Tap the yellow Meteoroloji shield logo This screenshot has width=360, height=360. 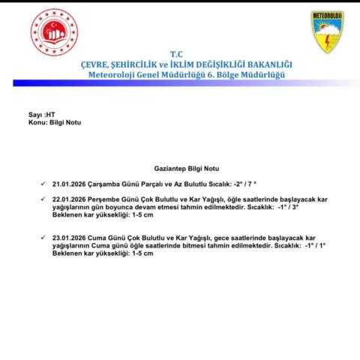coord(327,31)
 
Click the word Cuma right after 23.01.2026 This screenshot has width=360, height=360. coord(101,237)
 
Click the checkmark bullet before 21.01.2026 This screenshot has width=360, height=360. coord(43,183)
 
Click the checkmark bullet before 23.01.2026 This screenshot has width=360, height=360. coord(43,237)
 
